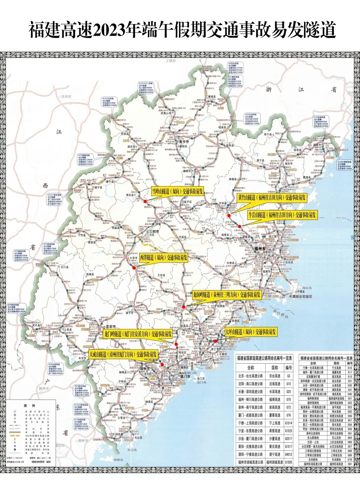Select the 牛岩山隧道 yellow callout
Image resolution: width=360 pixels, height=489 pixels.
point(282,215)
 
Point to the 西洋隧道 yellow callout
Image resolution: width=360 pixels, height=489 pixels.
point(163,258)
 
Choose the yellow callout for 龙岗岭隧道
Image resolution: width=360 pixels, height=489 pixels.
point(227,295)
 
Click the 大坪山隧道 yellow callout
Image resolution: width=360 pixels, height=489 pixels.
point(251,332)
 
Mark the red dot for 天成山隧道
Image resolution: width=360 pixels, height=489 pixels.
point(162,364)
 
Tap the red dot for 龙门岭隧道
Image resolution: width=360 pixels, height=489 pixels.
point(176,344)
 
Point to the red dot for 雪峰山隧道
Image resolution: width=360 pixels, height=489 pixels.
point(145,201)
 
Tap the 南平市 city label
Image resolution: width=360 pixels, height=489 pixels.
point(184,142)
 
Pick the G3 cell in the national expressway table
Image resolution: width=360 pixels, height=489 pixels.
point(288,376)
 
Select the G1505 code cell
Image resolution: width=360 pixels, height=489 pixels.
point(288,462)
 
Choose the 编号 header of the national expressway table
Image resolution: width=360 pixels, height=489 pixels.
point(288,368)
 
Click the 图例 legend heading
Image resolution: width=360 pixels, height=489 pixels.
point(32,406)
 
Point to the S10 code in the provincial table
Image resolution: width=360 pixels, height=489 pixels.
point(350,368)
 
